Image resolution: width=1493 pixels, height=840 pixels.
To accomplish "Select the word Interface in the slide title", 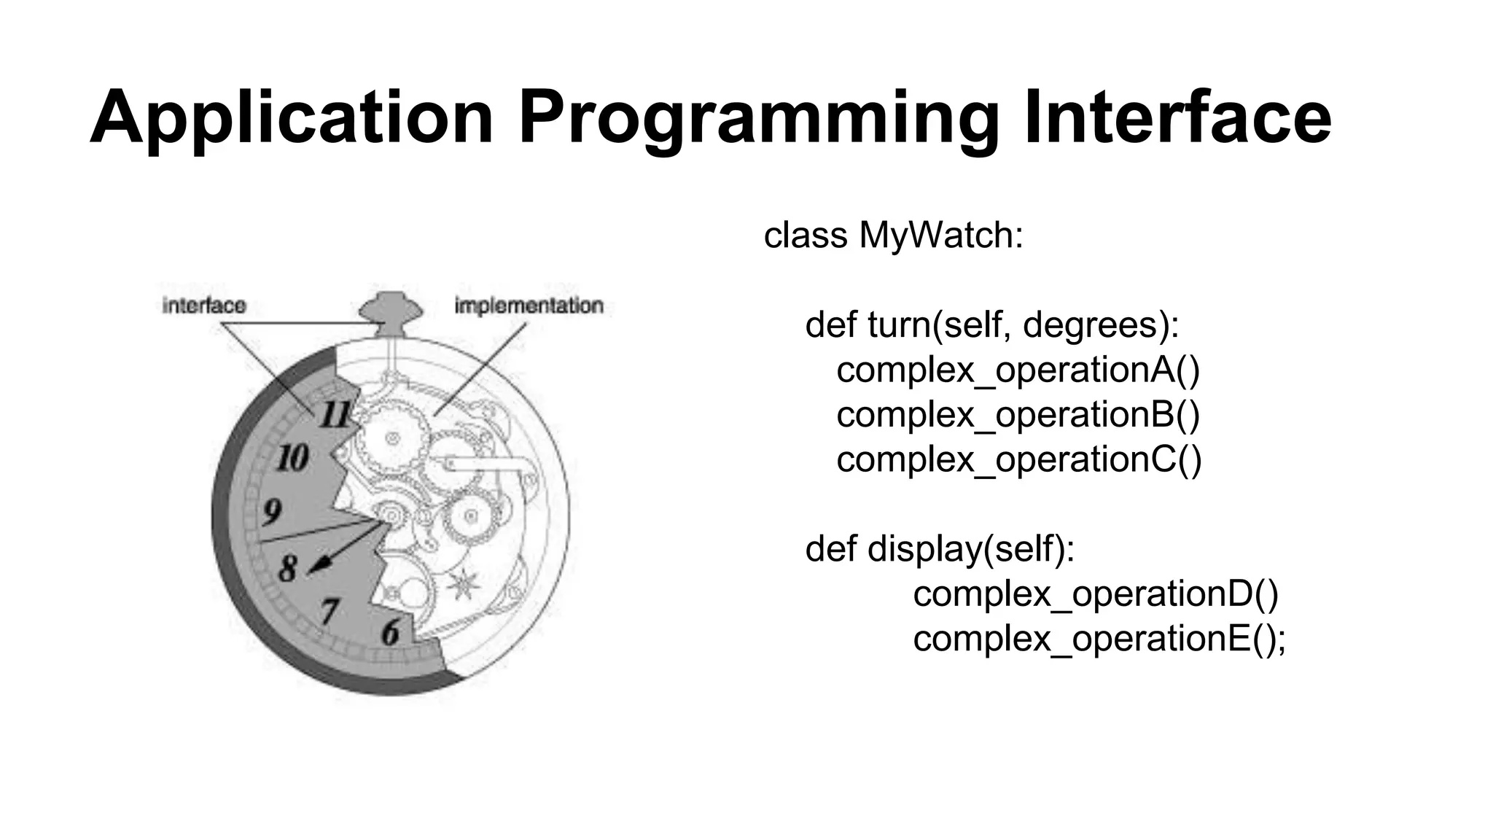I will pos(1177,117).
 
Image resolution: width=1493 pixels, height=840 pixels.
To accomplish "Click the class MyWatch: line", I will pos(893,236).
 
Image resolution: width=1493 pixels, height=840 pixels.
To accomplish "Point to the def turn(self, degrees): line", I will pos(992,325).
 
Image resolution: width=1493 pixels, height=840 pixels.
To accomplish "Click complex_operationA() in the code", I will pos(1018,370).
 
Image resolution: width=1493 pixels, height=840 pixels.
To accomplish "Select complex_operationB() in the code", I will pos(1018,415).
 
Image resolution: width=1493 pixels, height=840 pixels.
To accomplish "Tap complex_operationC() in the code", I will pos(1018,459).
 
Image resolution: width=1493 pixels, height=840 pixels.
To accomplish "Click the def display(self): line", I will pos(940,549).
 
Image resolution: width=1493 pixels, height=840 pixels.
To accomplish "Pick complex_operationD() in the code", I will pos(1095,594).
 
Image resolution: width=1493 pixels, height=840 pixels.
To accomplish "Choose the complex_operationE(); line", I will pos(1099,639).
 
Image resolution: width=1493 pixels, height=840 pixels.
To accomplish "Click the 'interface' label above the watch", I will pos(204,306).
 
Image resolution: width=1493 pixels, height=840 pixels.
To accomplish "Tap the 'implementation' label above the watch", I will pos(529,306).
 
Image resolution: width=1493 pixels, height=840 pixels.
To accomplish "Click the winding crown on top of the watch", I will pos(394,309).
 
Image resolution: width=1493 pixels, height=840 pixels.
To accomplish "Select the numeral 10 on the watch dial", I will pos(293,458).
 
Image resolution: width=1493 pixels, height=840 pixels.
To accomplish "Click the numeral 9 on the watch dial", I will pos(272,511).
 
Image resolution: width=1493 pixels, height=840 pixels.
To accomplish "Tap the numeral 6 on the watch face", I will pos(391,631).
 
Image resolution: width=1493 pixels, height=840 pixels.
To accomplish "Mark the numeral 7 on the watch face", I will pos(331,610).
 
